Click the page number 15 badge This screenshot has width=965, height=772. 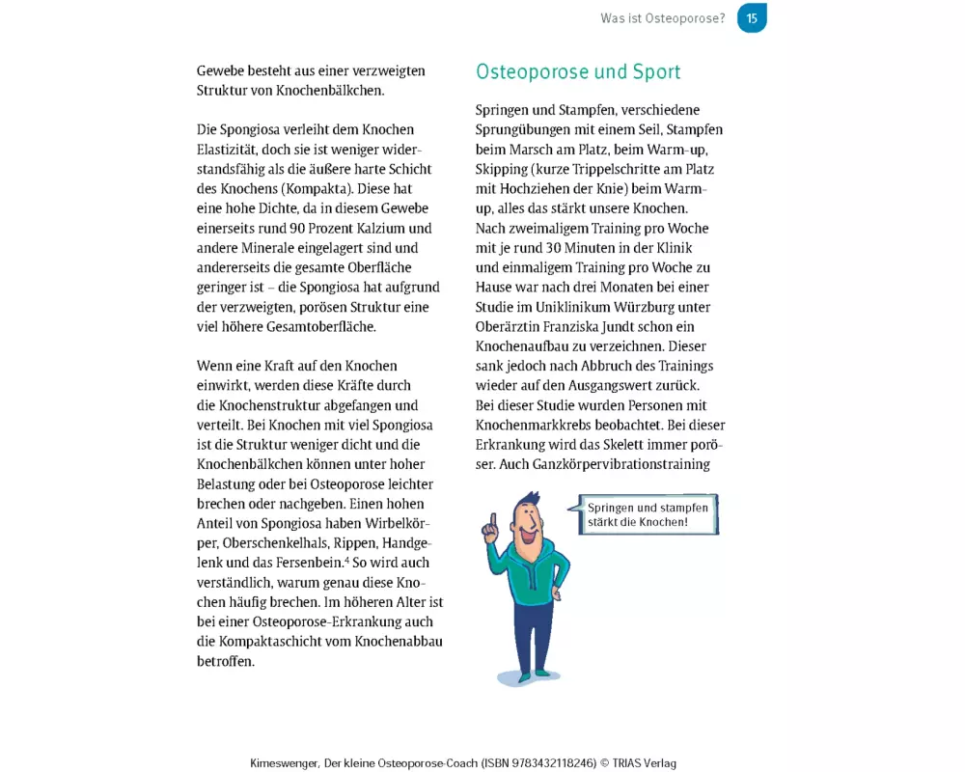point(752,18)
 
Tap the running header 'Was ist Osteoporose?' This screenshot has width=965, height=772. point(662,18)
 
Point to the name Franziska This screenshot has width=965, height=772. point(593,326)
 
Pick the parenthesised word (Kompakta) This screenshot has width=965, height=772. point(304,188)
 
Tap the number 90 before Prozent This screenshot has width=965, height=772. point(302,228)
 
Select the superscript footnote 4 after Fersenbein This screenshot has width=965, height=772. point(346,560)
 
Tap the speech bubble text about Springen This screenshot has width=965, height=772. point(647,514)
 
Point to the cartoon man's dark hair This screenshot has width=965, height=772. point(527,503)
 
